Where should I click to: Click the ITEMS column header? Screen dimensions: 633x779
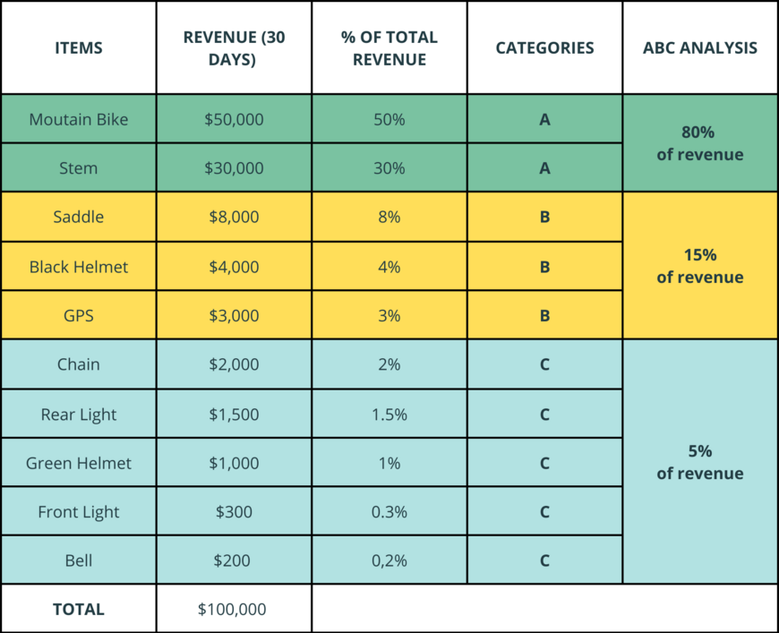click(78, 48)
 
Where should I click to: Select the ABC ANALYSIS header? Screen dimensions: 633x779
click(699, 48)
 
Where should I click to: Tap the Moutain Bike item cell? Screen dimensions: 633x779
click(78, 119)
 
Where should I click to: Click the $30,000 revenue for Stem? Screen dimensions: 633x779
click(234, 168)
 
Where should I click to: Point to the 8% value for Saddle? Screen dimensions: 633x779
click(389, 217)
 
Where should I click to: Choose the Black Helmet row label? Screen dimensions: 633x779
click(78, 267)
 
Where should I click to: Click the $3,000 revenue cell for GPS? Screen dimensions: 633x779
click(234, 315)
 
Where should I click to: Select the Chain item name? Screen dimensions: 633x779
click(78, 364)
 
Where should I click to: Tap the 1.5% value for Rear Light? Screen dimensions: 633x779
click(389, 415)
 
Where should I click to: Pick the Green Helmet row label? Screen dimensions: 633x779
click(78, 463)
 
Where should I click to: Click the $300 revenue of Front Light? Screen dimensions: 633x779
click(234, 512)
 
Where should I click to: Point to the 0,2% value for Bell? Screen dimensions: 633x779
click(389, 561)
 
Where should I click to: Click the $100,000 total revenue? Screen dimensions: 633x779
click(234, 610)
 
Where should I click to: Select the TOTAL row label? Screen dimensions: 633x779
click(78, 610)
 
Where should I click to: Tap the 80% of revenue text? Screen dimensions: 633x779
click(699, 143)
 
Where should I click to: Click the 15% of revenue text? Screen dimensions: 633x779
click(699, 266)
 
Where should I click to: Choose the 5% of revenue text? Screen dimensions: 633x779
click(699, 462)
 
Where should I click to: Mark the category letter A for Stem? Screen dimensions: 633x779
click(544, 168)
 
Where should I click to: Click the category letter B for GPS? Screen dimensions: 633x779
click(544, 315)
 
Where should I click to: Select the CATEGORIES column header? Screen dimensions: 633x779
click(544, 48)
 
